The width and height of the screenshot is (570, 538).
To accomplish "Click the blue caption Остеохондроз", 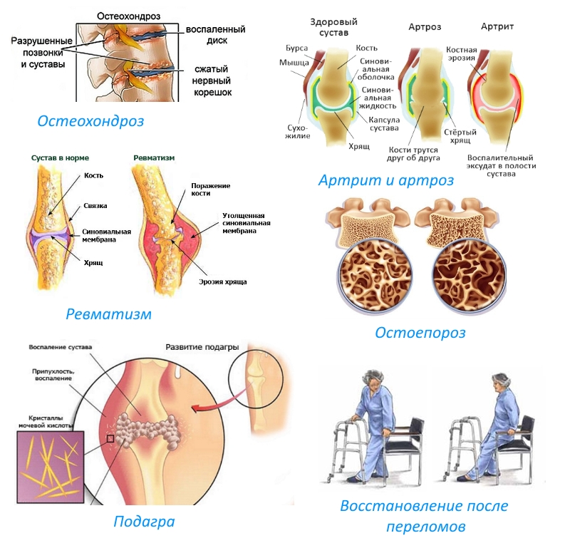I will [x=90, y=120].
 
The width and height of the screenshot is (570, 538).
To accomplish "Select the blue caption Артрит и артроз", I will [x=385, y=180].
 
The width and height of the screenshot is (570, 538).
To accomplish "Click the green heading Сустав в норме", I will [x=60, y=157].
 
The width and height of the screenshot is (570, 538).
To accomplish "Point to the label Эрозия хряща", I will [x=223, y=282].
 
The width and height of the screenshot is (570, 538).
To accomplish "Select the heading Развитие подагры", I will [x=202, y=348].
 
